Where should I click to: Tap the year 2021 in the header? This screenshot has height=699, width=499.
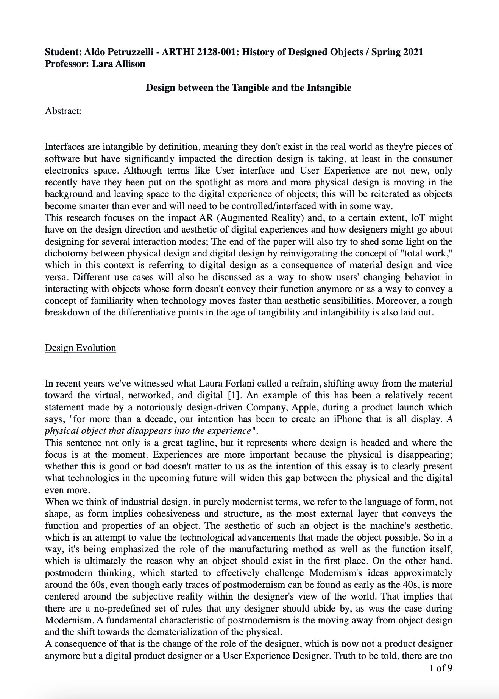[413, 52]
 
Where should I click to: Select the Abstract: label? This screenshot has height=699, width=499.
[63, 111]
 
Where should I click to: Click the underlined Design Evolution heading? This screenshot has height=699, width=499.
[80, 348]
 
